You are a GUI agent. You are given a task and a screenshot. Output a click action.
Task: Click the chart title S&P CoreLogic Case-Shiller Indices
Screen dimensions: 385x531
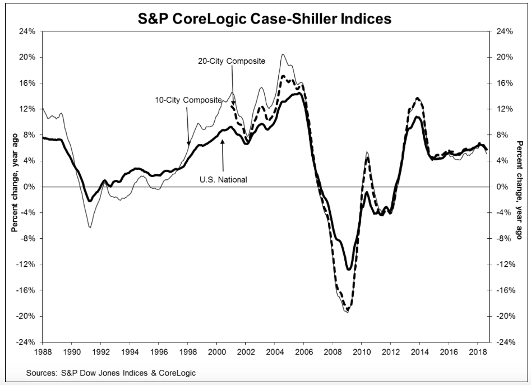coord(265,18)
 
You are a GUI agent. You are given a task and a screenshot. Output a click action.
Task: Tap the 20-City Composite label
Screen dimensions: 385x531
coord(231,61)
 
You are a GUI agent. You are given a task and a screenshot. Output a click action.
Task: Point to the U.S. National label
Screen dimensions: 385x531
coord(223,179)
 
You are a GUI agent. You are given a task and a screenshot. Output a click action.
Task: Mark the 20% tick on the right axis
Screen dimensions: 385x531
coord(505,57)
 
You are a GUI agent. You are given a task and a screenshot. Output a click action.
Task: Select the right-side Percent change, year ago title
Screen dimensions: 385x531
coord(519,187)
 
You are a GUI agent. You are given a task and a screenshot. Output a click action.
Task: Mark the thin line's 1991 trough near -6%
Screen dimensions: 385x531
coord(89,227)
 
